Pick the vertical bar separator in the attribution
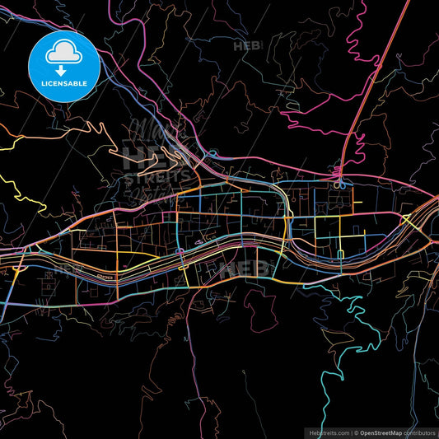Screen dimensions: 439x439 (352, 432)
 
